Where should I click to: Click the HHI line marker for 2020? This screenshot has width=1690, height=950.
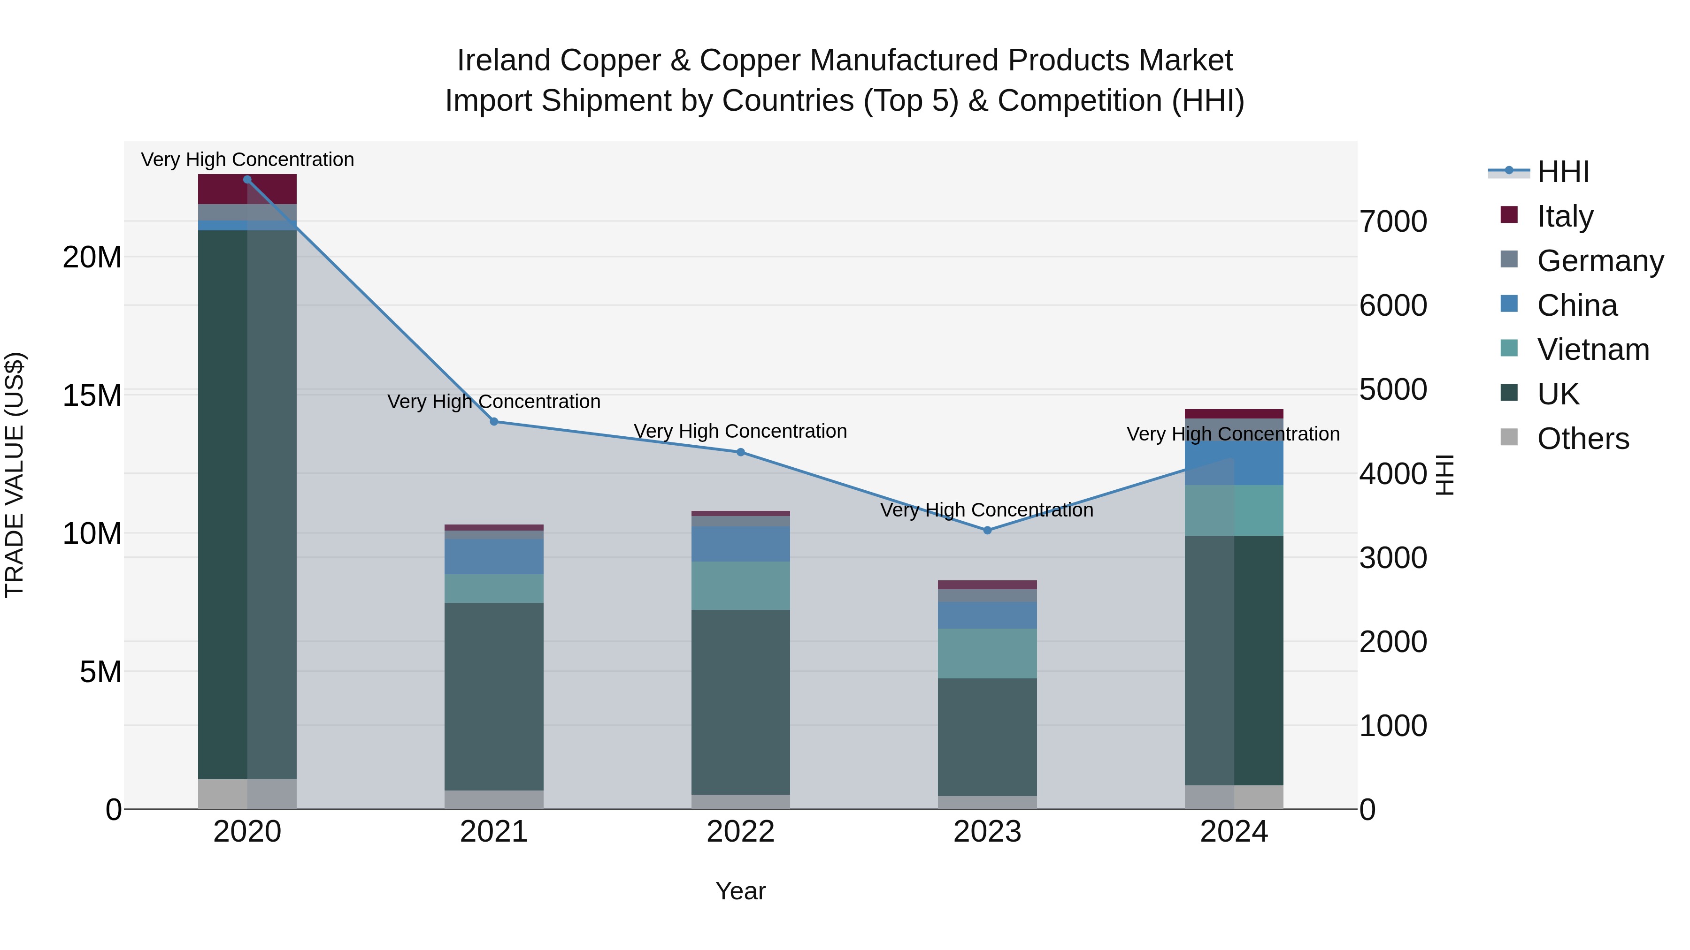(247, 180)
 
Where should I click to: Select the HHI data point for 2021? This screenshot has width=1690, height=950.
(494, 422)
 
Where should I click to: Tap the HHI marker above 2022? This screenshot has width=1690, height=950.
(741, 452)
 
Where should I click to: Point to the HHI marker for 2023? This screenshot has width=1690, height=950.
(987, 531)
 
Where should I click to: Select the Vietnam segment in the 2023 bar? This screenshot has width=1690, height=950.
(987, 654)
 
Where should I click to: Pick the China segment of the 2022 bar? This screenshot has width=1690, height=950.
(741, 544)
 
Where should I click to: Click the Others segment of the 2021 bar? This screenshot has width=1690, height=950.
(494, 799)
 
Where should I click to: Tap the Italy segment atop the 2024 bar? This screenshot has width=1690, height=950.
(1234, 414)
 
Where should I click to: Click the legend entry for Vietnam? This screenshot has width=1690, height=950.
(1592, 350)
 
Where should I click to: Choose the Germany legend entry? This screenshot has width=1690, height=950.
(1599, 261)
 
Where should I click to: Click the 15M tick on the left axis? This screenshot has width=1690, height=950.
(92, 396)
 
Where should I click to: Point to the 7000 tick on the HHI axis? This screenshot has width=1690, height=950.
(1393, 221)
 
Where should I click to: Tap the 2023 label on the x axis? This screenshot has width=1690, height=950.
(987, 832)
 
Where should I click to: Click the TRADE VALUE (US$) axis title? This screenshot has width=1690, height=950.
(15, 475)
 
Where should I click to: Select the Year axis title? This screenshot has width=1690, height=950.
(741, 891)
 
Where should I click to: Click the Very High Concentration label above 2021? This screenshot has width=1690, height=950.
(494, 401)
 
